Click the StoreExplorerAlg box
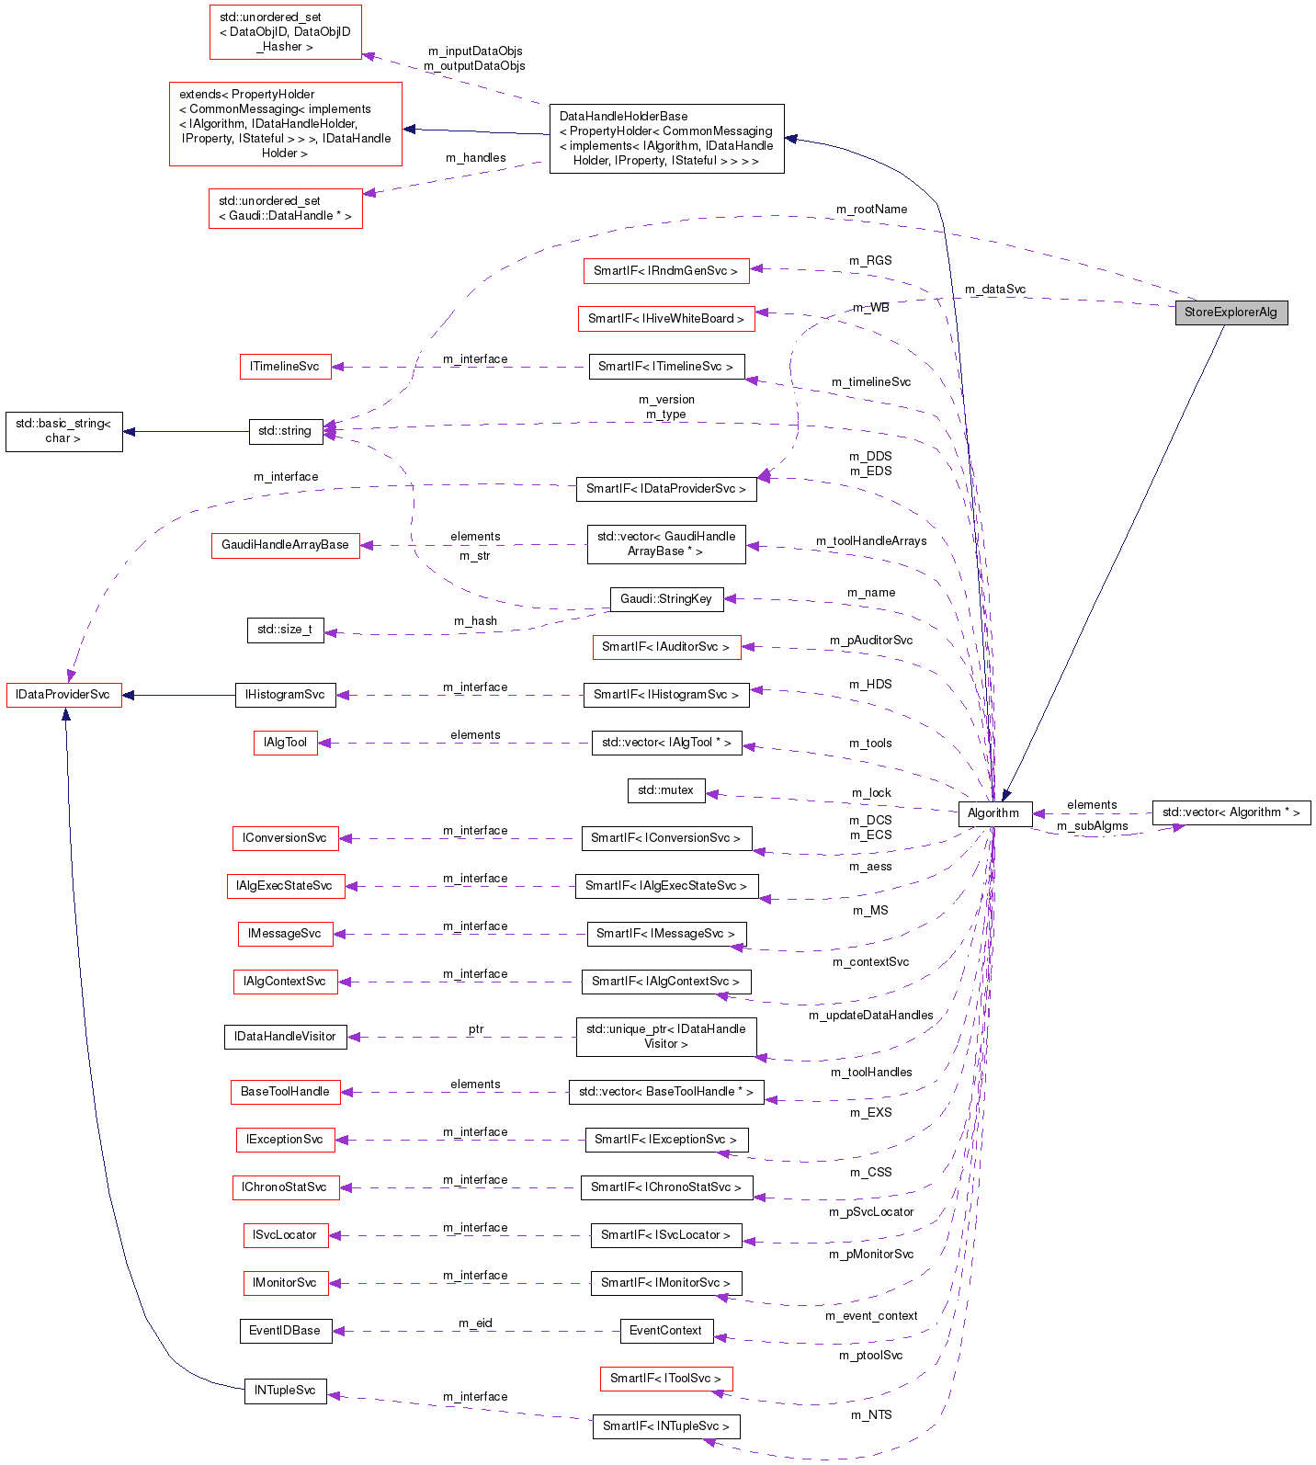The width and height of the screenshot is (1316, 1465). pos(1231,312)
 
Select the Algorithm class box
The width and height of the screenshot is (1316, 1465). pos(994,812)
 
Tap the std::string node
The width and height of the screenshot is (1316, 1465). pos(285,431)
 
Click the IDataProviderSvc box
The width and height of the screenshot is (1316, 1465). pos(63,695)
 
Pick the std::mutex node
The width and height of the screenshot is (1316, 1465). pos(666,790)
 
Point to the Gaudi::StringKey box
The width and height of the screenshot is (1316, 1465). pos(666,599)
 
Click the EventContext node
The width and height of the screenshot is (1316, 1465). pos(665,1331)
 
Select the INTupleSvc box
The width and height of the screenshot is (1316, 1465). pos(285,1391)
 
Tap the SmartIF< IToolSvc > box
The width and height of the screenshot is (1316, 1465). pos(666,1379)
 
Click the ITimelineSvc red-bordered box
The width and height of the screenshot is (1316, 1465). pos(285,367)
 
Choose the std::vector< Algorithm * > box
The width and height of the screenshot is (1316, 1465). pos(1231,812)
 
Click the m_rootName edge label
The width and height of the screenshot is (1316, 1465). pos(871,210)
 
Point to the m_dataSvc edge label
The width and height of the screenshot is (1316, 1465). pos(995,290)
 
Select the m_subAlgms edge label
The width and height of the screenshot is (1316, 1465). pos(1092,826)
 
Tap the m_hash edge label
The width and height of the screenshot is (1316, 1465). pos(475,621)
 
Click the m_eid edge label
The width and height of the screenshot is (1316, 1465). pos(475,1323)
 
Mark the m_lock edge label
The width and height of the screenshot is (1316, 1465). pos(871,793)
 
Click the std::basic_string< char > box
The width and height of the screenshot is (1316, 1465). pos(63,431)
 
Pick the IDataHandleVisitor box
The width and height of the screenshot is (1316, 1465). pos(285,1037)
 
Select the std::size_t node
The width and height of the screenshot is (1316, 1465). pos(285,630)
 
